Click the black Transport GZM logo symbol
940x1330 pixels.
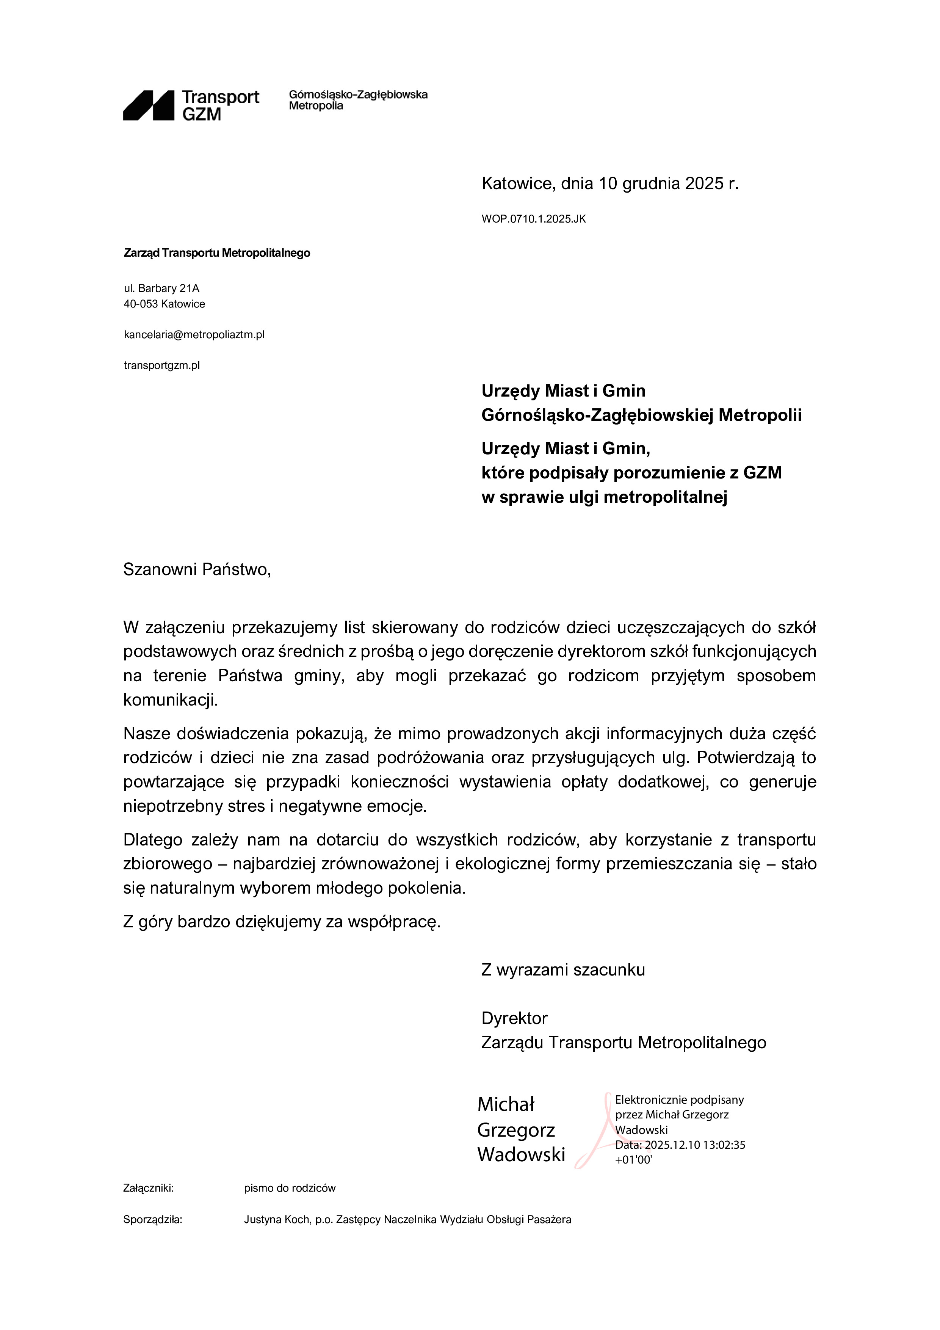(148, 105)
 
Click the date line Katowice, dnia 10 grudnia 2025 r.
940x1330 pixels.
(610, 184)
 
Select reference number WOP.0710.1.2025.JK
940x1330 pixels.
(533, 219)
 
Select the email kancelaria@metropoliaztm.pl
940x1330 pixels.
(194, 335)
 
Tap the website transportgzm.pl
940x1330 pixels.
(161, 365)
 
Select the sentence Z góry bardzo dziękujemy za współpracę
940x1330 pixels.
(282, 922)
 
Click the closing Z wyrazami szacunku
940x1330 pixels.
(563, 970)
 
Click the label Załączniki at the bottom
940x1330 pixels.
(148, 1188)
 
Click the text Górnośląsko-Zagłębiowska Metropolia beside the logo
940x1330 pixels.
(358, 100)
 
